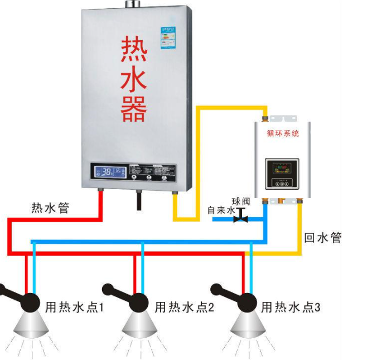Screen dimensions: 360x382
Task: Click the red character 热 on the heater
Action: click(x=134, y=51)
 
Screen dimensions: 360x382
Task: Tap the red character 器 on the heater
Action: click(x=134, y=108)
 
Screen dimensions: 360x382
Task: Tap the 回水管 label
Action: click(x=322, y=237)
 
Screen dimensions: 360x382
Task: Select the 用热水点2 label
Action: click(x=184, y=307)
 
